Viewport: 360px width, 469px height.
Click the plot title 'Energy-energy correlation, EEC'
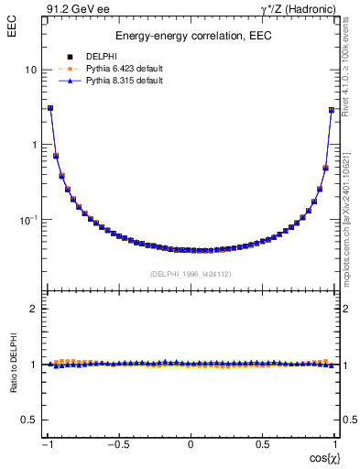(191, 37)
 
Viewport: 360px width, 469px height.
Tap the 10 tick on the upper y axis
(31, 70)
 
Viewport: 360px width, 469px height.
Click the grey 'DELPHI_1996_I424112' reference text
(191, 274)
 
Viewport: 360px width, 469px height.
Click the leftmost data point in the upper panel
(50, 107)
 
